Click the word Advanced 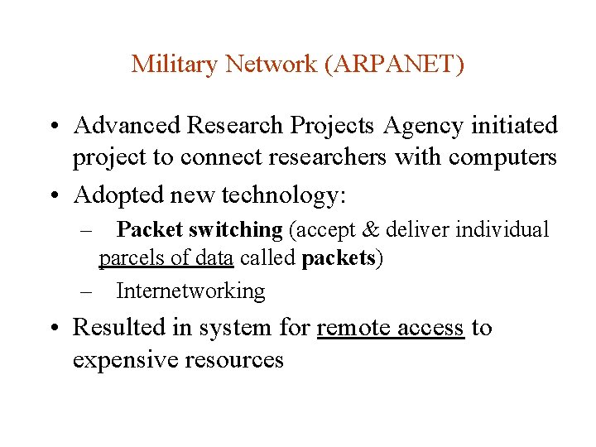(x=127, y=126)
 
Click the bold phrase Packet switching (x=199, y=229)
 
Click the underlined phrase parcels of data (x=166, y=258)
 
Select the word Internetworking (x=190, y=291)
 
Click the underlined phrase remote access (x=390, y=328)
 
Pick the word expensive (x=123, y=360)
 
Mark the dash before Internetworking (x=87, y=291)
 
